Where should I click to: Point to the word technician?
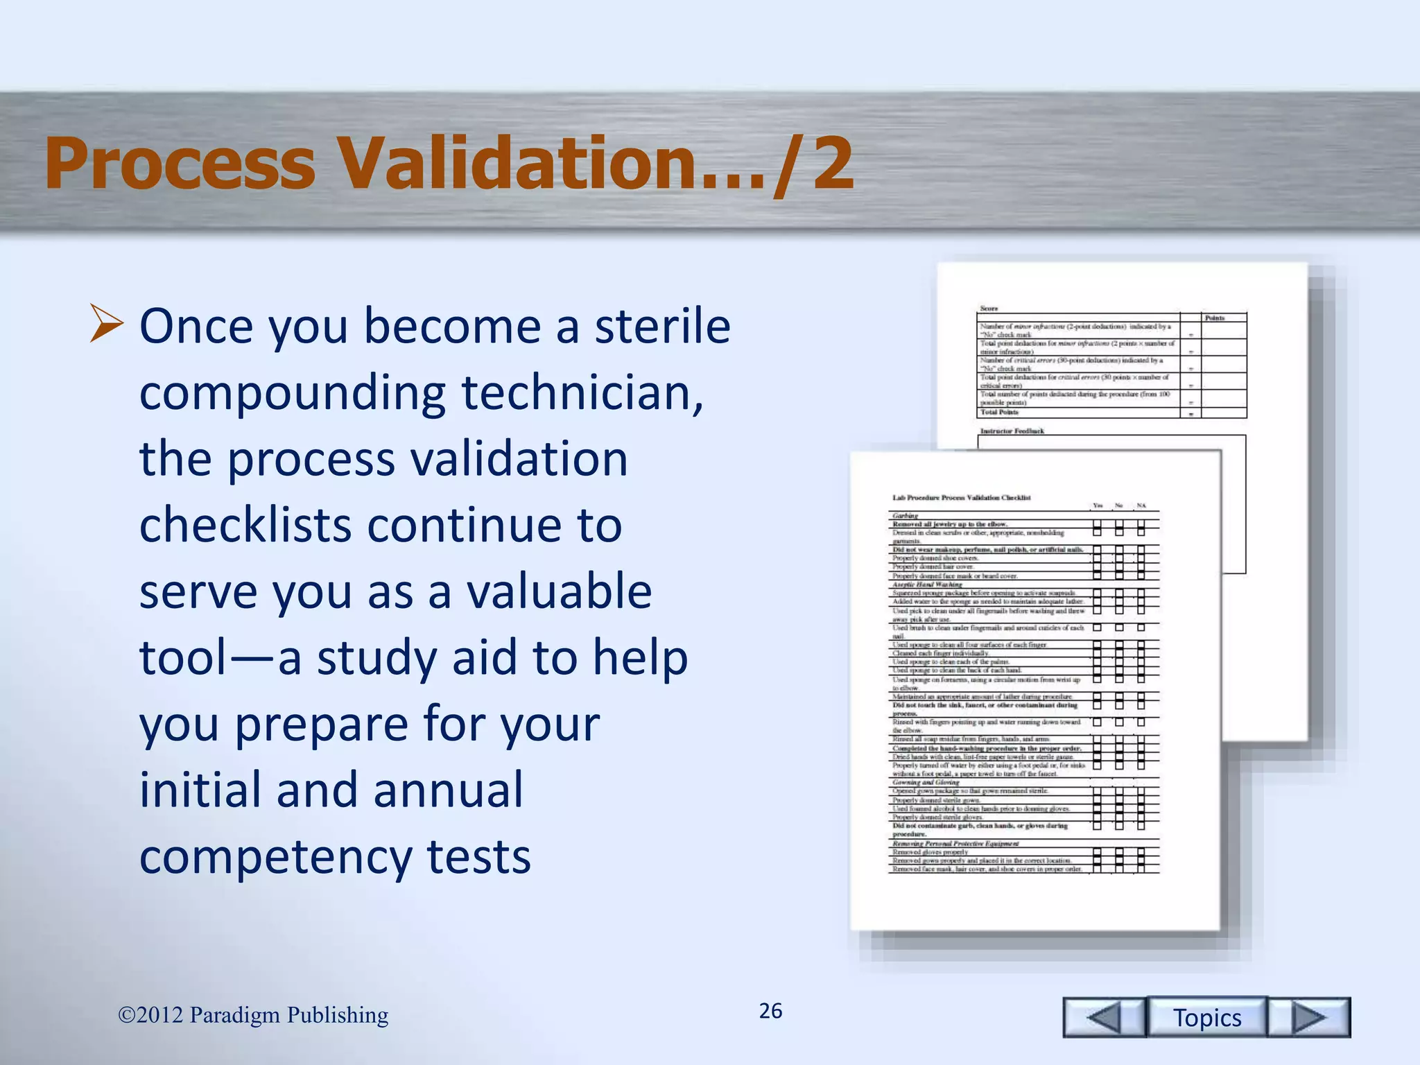click(x=582, y=392)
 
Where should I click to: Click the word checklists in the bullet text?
click(x=246, y=525)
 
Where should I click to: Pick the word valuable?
click(x=558, y=591)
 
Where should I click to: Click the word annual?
click(x=448, y=790)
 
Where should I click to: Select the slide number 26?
click(x=770, y=1011)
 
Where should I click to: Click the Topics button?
click(x=1206, y=1017)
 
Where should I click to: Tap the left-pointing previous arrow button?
click(x=1104, y=1017)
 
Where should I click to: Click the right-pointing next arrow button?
click(x=1308, y=1017)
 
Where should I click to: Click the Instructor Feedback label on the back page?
click(x=1012, y=431)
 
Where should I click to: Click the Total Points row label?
click(x=999, y=412)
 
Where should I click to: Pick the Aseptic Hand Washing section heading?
click(x=926, y=585)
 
